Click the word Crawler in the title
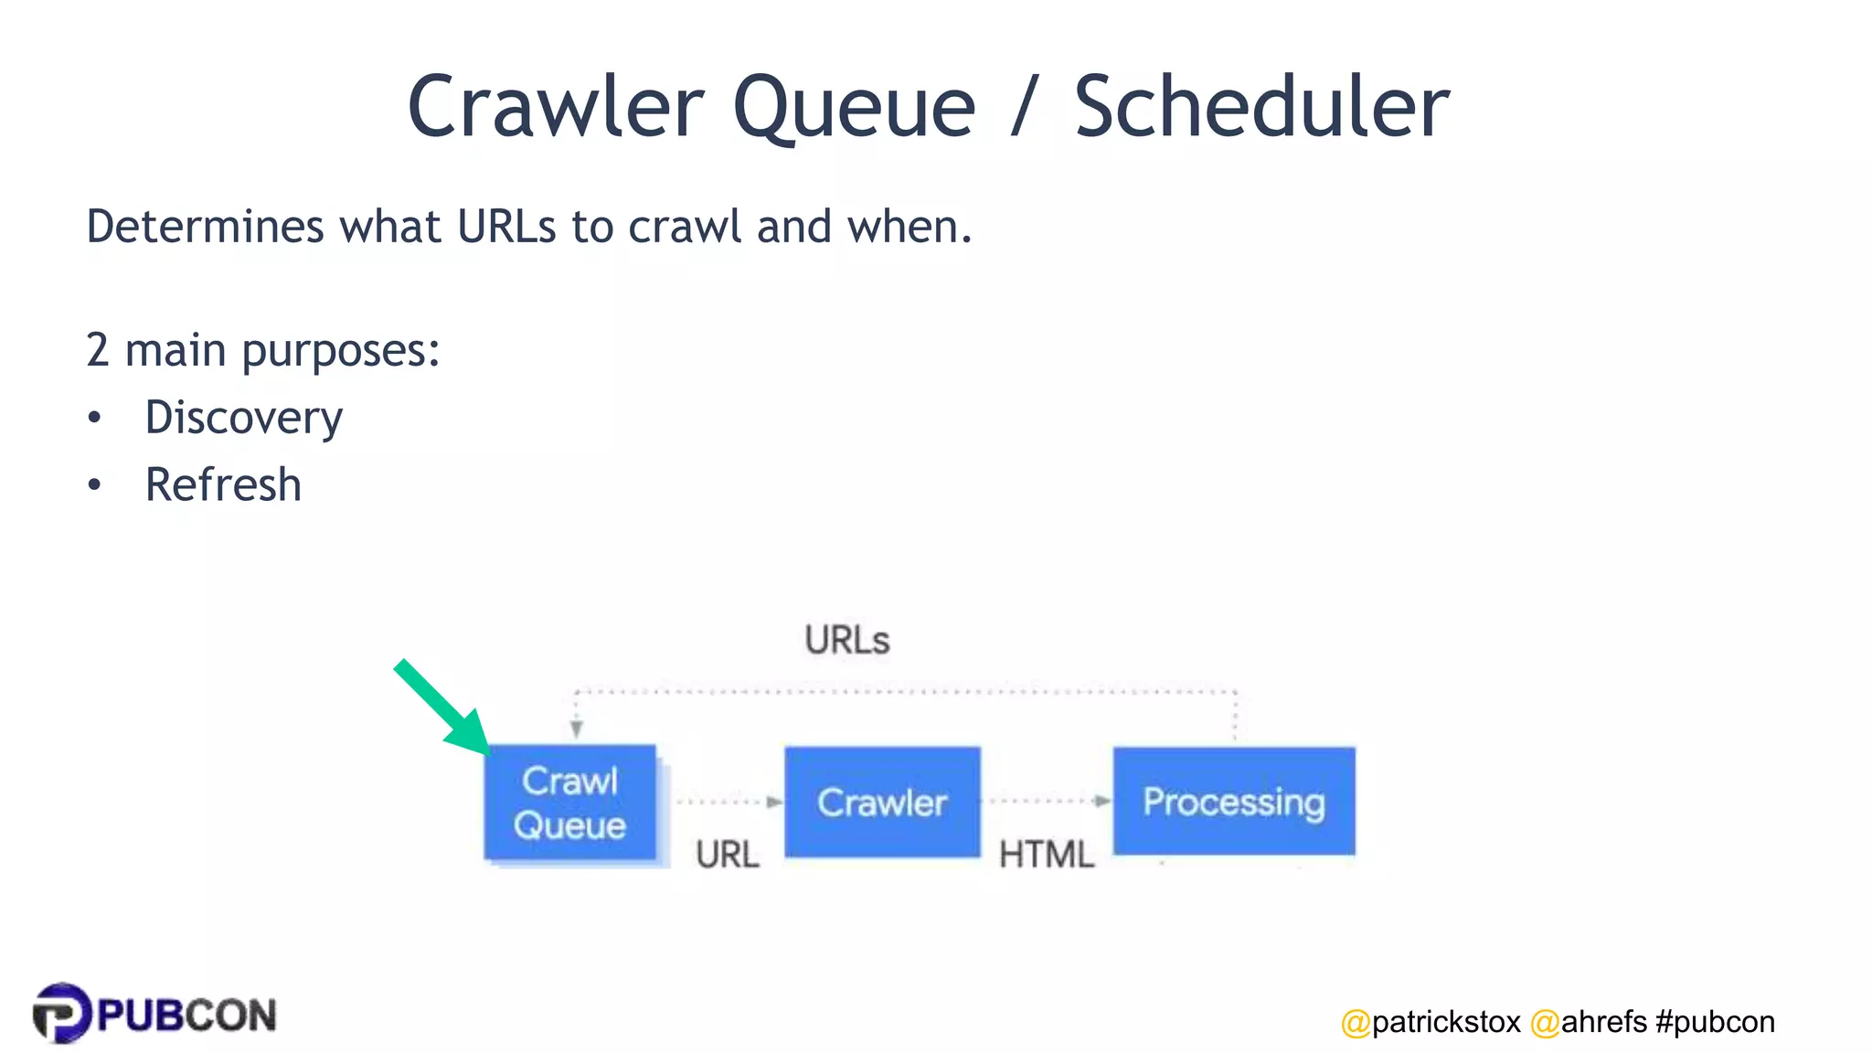click(x=556, y=108)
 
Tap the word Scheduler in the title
click(x=1261, y=108)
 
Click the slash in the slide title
click(x=1025, y=108)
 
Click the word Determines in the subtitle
click(x=205, y=227)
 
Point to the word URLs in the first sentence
click(x=506, y=227)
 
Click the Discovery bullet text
click(x=244, y=419)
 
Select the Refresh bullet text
click(x=223, y=484)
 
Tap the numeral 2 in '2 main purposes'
click(x=98, y=351)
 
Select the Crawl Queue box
click(x=570, y=803)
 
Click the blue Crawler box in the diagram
click(x=882, y=802)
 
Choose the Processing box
click(x=1233, y=801)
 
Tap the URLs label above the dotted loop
click(x=846, y=640)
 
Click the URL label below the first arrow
click(x=727, y=855)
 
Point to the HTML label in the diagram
click(x=1046, y=855)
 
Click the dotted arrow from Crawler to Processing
click(x=1048, y=801)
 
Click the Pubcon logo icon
click(x=62, y=1013)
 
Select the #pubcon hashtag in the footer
click(x=1715, y=1022)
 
